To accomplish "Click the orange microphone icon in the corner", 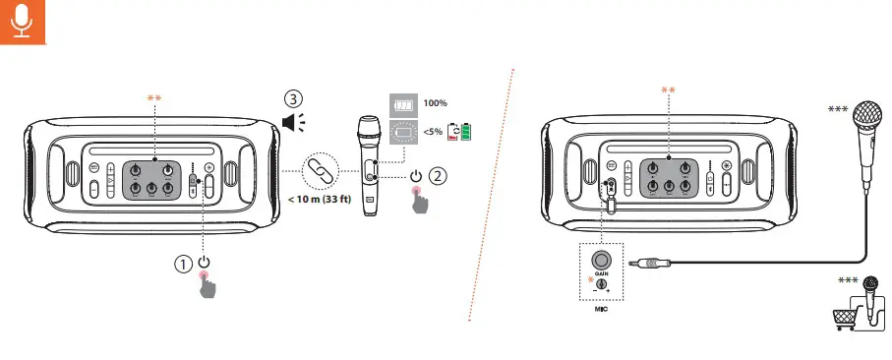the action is (23, 22).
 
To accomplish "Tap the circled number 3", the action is (293, 99).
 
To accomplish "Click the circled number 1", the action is (183, 264).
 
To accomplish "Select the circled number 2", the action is (438, 176).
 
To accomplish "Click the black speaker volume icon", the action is (293, 122).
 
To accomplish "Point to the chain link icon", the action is (321, 171).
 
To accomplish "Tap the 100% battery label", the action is (436, 103).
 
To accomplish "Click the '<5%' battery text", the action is (433, 131).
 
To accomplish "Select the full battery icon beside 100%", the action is (404, 105).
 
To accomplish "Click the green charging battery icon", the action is (466, 132).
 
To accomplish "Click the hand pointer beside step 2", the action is (420, 201).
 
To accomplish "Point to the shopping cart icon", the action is (844, 318).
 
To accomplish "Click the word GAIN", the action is (601, 274).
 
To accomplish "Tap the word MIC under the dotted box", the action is (601, 310).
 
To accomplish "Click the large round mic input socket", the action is (601, 261).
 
